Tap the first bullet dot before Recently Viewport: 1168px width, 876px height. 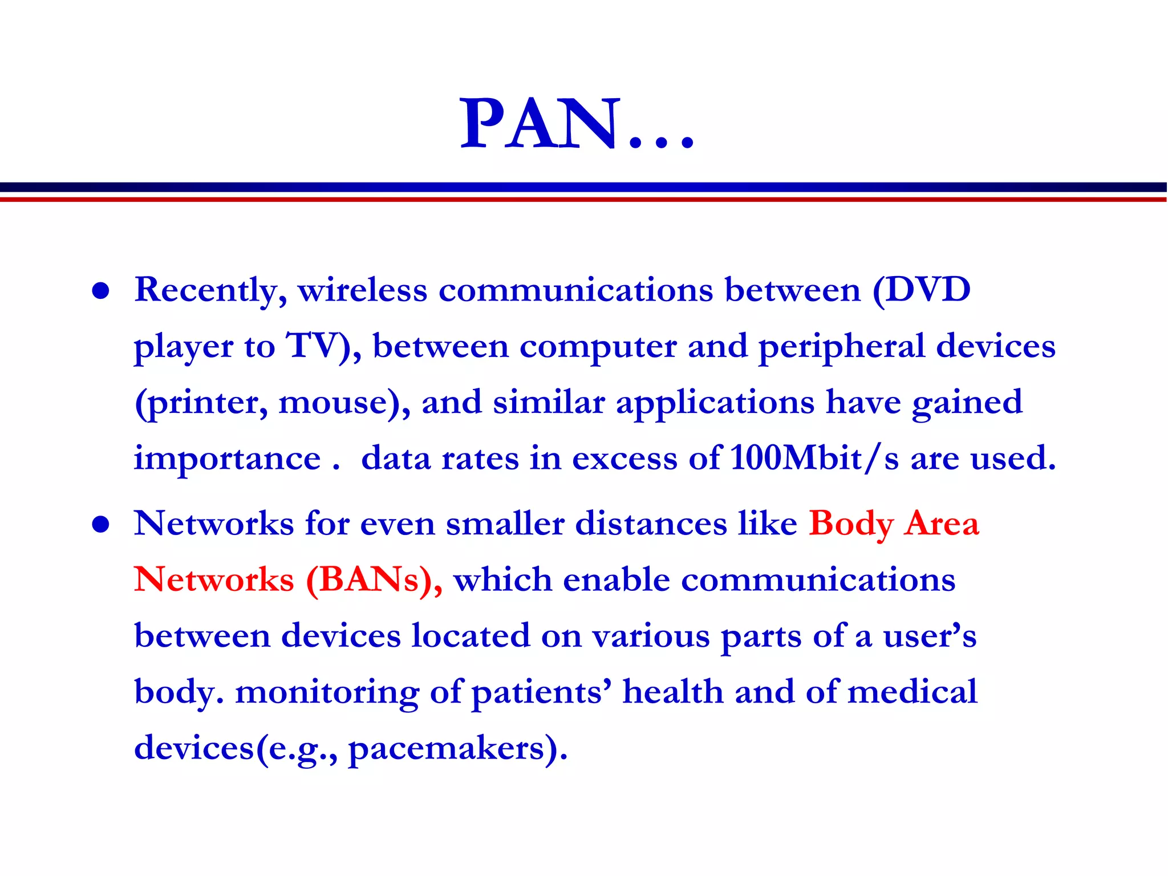tap(101, 291)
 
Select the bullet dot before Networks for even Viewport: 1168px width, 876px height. tap(101, 524)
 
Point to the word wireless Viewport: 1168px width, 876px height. tap(362, 290)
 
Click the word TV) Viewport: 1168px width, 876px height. tap(323, 346)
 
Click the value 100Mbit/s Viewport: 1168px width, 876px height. tap(814, 458)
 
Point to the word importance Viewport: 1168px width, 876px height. tap(227, 458)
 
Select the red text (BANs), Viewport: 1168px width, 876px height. tap(374, 580)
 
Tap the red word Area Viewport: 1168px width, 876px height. tap(942, 523)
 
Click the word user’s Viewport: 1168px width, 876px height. tap(930, 636)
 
